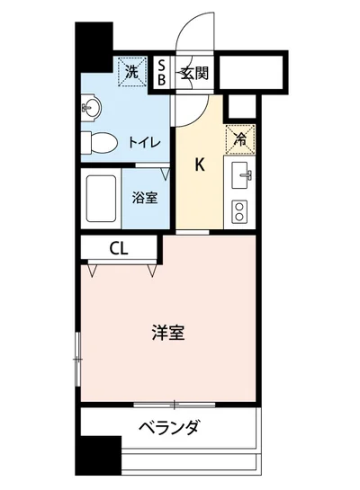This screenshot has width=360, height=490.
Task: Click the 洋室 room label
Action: [168, 332]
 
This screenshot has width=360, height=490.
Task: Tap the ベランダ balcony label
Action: [168, 428]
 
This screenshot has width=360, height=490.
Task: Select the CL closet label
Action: [119, 247]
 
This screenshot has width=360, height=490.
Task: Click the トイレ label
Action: [144, 142]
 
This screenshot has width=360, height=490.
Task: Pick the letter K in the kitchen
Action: [202, 165]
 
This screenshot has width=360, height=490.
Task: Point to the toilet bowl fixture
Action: [101, 142]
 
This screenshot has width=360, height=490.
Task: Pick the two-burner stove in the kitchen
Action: [241, 211]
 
